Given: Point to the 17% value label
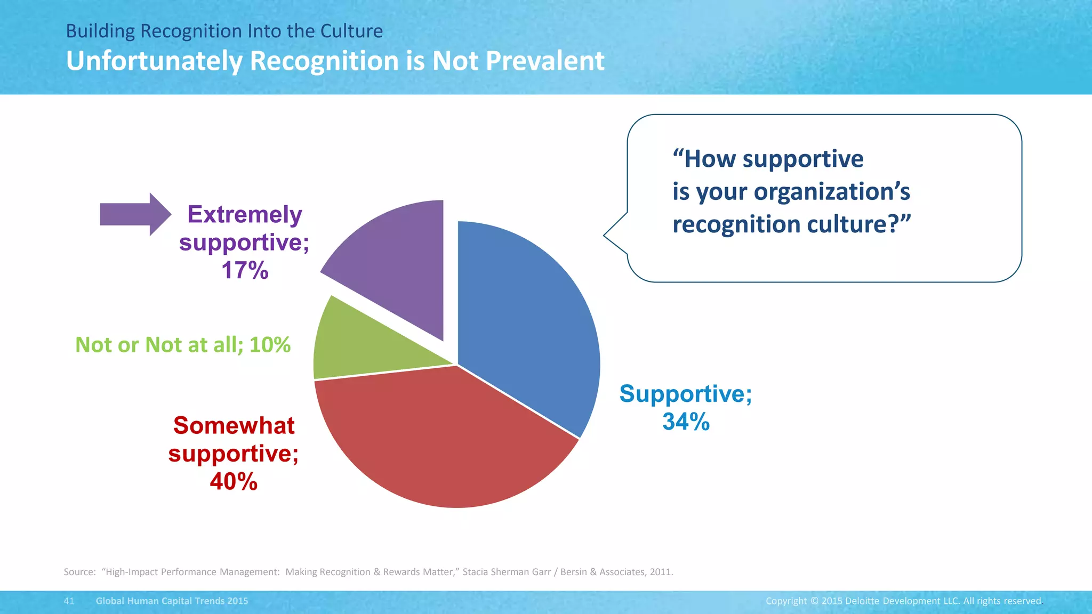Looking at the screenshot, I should point(245,270).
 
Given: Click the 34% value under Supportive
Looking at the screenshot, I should point(686,422).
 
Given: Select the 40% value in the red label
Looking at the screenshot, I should point(234,482).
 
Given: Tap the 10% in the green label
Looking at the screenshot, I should point(270,345).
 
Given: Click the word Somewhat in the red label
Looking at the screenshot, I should point(234,426).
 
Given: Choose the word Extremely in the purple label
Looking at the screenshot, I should point(245,215).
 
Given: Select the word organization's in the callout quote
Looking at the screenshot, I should point(831,192).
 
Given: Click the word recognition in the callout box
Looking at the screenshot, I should point(736,224).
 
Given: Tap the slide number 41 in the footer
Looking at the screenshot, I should point(69,601).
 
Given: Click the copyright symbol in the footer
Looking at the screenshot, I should point(814,601).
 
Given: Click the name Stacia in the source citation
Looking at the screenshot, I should point(475,572).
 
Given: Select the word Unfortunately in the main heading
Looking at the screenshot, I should point(154,61).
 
